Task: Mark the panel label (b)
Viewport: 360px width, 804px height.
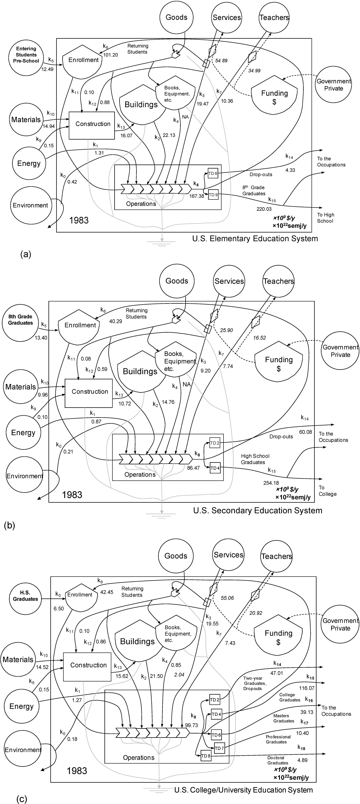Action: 9,526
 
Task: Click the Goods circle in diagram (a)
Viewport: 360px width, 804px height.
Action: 177,17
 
